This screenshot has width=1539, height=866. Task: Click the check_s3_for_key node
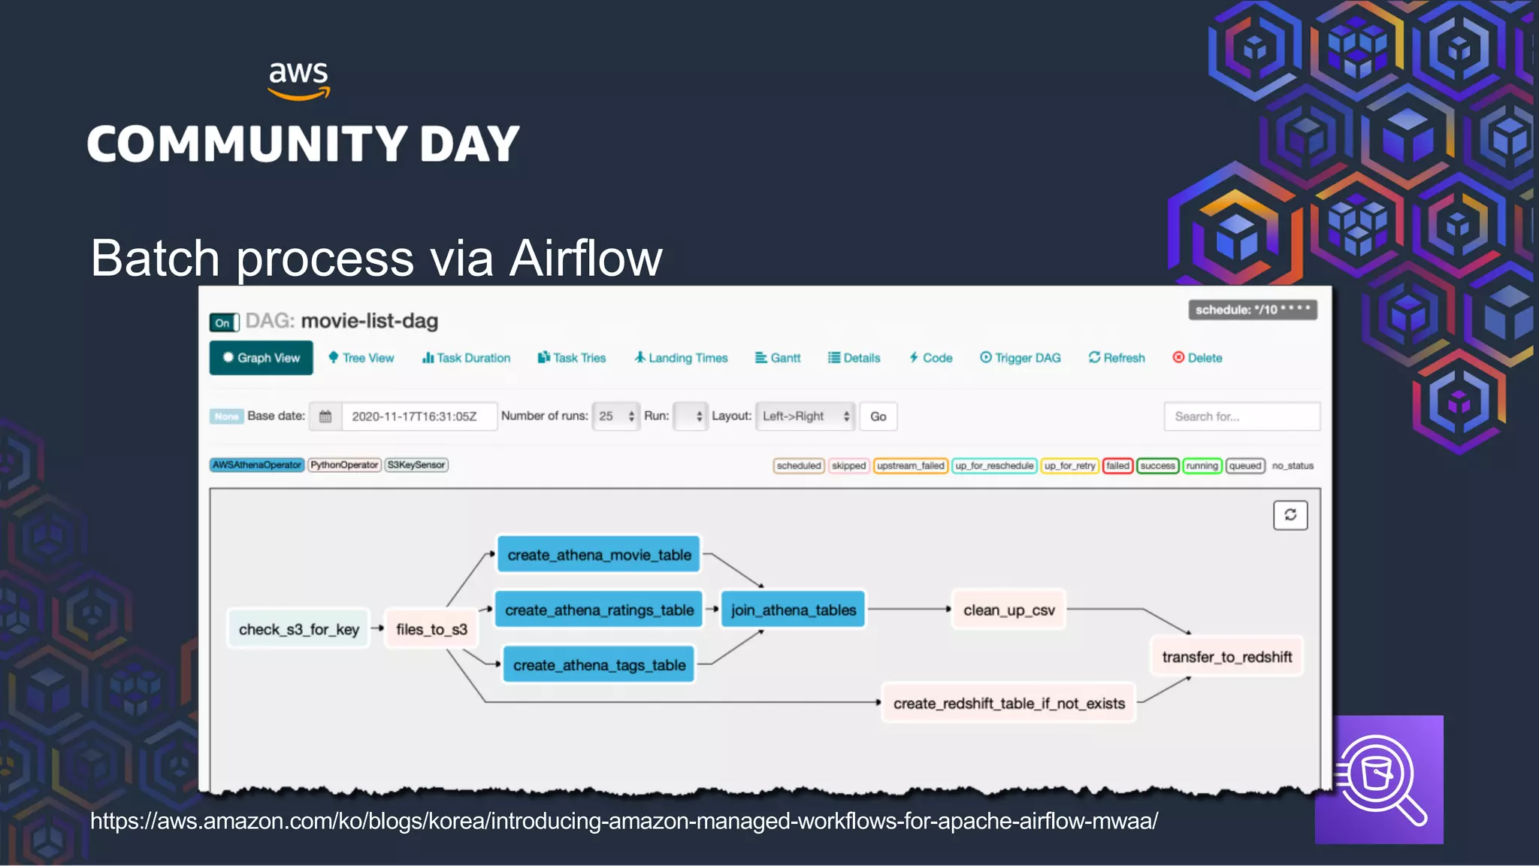(298, 629)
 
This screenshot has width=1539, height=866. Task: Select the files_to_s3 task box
(431, 629)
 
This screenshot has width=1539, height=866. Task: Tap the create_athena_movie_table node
(599, 555)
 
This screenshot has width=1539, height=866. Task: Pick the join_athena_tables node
(793, 610)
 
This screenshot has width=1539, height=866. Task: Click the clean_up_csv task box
(1008, 610)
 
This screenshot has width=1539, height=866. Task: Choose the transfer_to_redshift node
(1226, 657)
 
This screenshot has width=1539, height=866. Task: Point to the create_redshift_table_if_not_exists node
(1008, 704)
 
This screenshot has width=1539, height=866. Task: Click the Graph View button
(261, 358)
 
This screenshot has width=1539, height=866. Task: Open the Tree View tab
(361, 358)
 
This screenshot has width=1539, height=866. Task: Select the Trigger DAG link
(1020, 358)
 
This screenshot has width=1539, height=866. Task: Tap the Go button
(878, 416)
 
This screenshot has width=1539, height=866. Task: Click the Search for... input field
(1241, 416)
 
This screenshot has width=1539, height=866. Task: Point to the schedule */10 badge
(1252, 310)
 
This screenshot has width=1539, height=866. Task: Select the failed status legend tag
(1117, 466)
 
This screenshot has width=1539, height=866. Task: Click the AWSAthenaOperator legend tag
(257, 465)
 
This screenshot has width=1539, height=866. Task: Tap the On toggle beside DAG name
(224, 323)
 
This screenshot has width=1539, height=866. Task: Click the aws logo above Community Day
(299, 79)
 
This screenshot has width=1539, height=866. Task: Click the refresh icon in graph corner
(1290, 515)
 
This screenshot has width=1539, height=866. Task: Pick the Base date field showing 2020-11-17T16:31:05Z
(418, 416)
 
